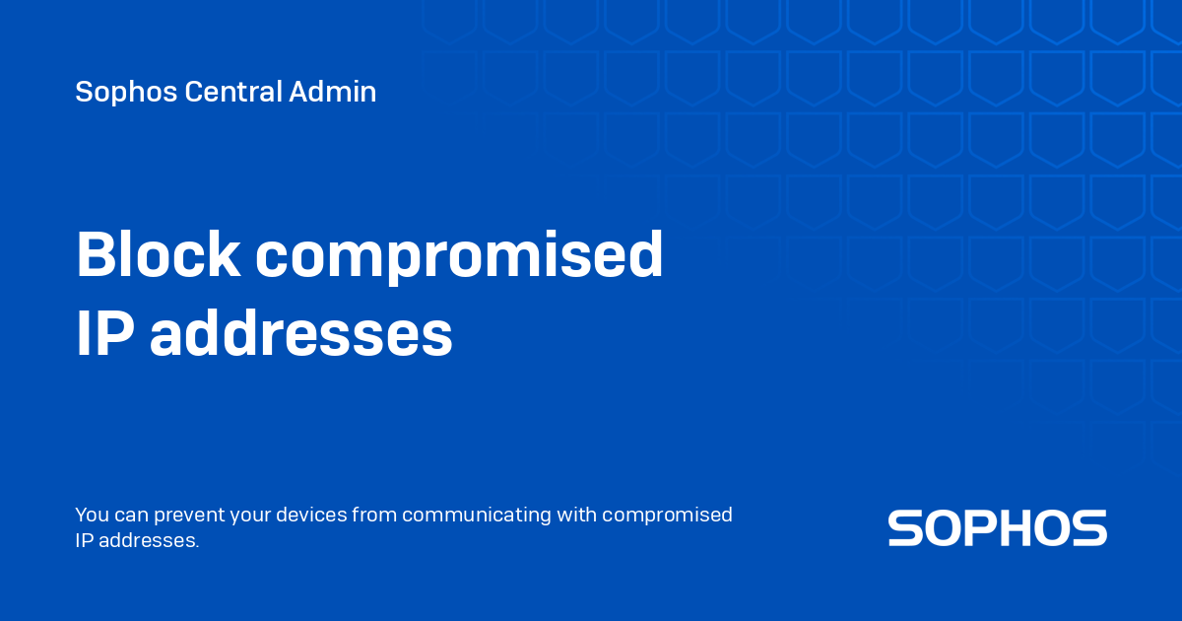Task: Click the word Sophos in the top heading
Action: [x=126, y=93]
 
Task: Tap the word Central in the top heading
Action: [x=233, y=92]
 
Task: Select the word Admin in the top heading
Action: [x=333, y=92]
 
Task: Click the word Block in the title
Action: [x=159, y=254]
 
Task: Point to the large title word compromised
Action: [x=459, y=258]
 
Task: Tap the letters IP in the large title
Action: [x=105, y=333]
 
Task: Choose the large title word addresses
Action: [x=301, y=333]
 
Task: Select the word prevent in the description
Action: [x=189, y=516]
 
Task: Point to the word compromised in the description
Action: [x=667, y=516]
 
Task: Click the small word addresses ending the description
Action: [x=149, y=540]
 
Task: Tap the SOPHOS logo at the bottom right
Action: [x=997, y=528]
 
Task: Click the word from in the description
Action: [x=374, y=515]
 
